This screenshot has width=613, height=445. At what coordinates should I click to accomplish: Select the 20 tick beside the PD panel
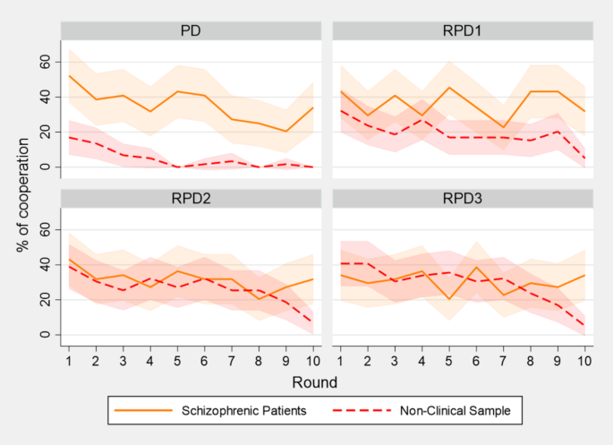41,133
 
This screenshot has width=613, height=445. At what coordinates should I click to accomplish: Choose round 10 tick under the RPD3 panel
583,360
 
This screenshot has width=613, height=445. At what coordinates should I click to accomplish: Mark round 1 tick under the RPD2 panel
68,360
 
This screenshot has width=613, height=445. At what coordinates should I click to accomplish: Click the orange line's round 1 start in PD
68,75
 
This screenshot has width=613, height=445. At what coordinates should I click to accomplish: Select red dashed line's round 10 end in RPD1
583,158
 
